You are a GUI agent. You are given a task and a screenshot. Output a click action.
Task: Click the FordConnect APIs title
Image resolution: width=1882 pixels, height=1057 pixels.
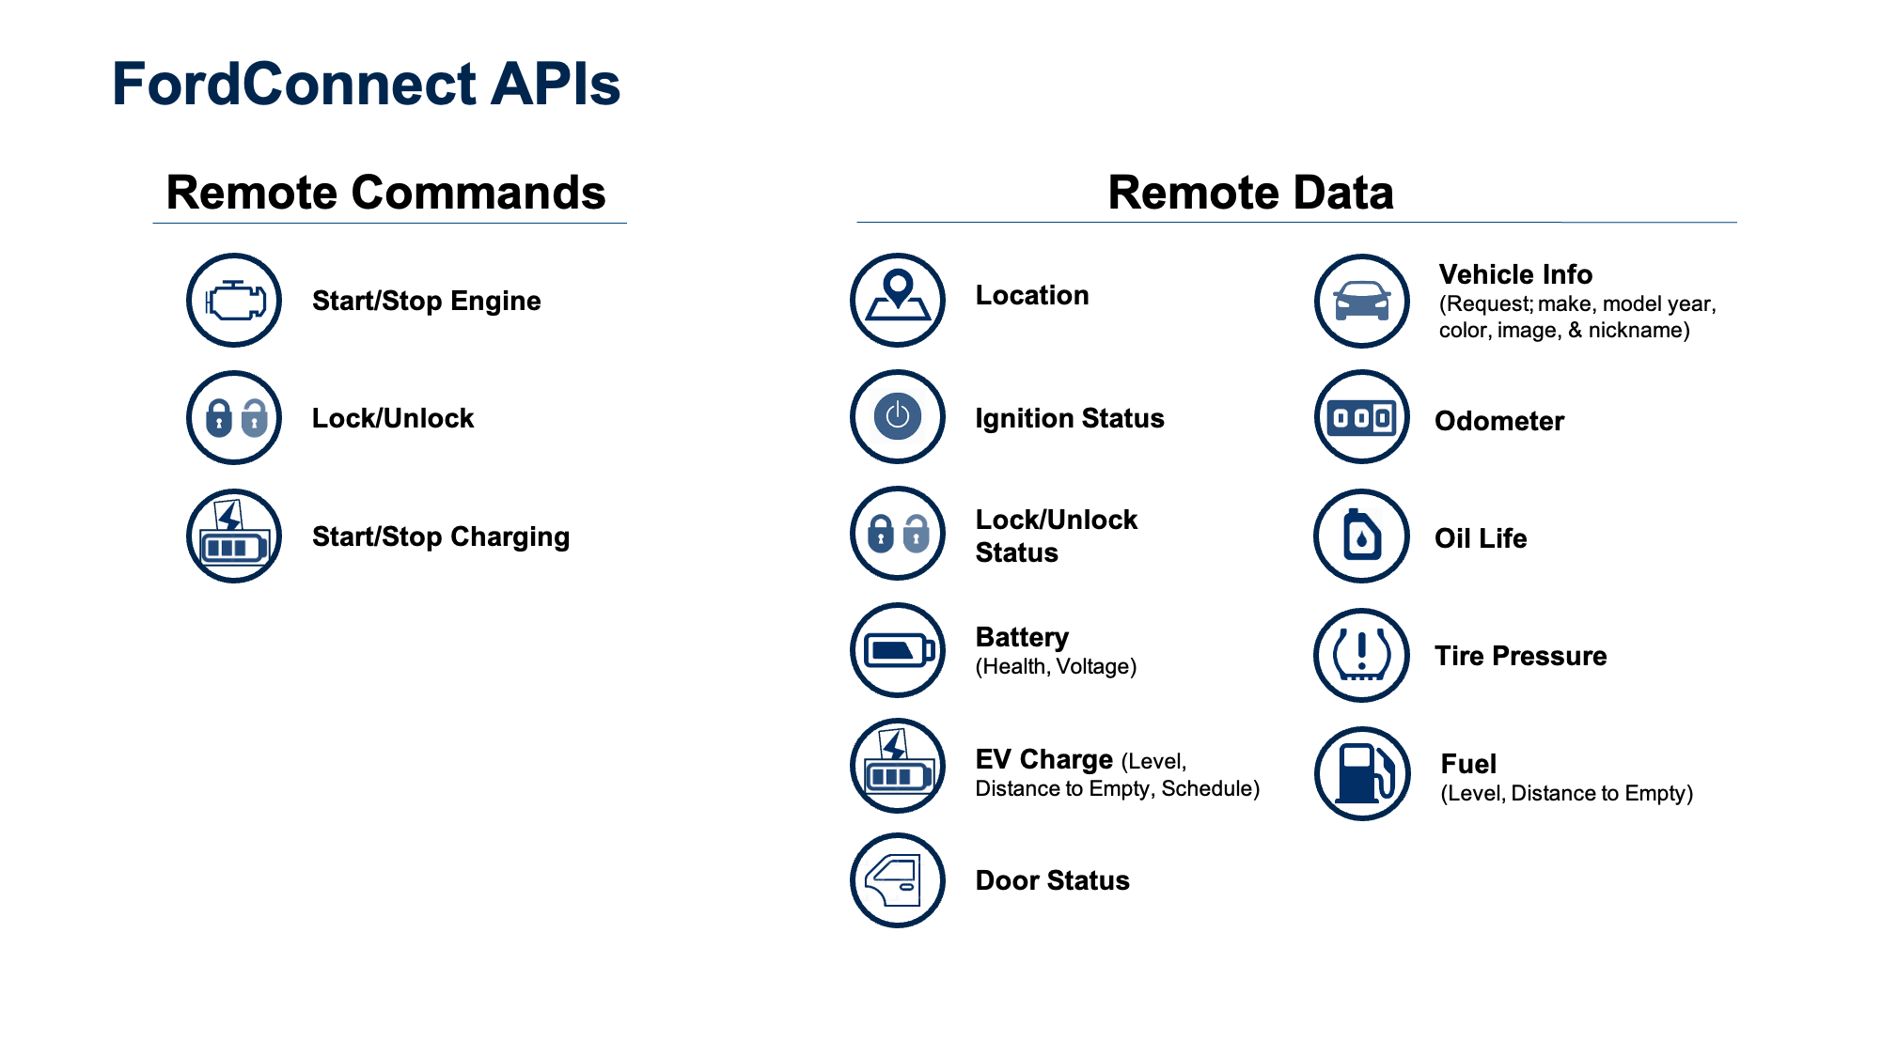(366, 85)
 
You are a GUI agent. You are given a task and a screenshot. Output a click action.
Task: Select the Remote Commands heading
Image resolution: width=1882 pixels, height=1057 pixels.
(385, 193)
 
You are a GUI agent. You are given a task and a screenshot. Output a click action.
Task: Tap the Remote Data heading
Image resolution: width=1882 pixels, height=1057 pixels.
(1250, 193)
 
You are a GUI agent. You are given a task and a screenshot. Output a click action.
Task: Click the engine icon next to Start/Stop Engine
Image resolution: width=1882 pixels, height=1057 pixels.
(234, 301)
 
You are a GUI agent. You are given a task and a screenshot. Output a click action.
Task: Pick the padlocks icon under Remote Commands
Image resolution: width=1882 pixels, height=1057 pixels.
(234, 418)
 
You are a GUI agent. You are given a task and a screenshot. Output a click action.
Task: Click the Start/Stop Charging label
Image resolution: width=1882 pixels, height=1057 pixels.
(440, 536)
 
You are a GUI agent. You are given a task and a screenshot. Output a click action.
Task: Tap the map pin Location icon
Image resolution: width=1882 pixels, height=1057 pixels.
(898, 299)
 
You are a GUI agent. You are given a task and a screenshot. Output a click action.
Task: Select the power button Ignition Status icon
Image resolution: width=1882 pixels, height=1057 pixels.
(898, 416)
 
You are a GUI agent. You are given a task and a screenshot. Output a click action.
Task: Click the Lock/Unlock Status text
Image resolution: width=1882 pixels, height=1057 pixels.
(1056, 536)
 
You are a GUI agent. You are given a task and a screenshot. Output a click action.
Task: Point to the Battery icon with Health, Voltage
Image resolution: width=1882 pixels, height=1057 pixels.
(898, 650)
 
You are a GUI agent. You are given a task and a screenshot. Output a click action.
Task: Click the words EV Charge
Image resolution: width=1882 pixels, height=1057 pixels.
(1043, 759)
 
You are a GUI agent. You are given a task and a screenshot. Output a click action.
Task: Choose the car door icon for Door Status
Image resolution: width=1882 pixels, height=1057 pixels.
(898, 880)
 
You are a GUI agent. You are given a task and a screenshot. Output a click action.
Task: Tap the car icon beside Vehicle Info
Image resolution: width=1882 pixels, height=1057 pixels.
(1362, 301)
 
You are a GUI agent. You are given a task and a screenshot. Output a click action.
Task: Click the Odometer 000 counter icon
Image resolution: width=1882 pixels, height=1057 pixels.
(1362, 418)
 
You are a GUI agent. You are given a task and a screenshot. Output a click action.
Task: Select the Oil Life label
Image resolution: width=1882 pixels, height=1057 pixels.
(1481, 538)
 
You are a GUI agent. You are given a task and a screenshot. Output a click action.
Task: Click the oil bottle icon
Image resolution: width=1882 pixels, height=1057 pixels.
(1362, 536)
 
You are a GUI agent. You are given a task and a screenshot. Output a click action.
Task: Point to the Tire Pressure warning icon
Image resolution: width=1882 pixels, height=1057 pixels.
(1362, 655)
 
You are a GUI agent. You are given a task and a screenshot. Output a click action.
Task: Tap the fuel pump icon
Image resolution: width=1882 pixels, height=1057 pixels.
(1362, 773)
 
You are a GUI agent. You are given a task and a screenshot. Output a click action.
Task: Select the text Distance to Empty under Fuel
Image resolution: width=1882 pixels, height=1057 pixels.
(1565, 794)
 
